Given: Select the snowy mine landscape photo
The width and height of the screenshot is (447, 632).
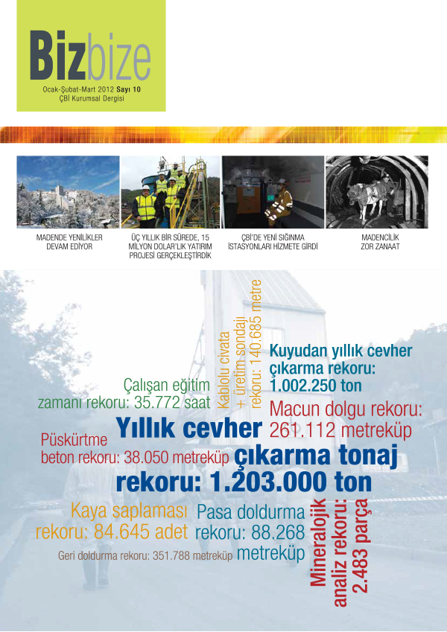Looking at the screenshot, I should click(69, 191).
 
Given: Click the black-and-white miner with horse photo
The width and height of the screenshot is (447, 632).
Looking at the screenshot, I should click(376, 191).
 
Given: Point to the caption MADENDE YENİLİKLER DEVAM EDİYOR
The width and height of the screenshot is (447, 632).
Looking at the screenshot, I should click(69, 243).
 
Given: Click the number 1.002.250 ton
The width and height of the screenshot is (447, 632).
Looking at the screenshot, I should click(317, 386).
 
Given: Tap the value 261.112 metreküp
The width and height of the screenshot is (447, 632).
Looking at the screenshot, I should click(340, 430).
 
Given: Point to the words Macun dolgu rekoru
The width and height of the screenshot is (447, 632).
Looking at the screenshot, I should click(346, 409).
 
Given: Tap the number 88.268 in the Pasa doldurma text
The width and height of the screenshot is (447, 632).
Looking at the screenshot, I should click(276, 533).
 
